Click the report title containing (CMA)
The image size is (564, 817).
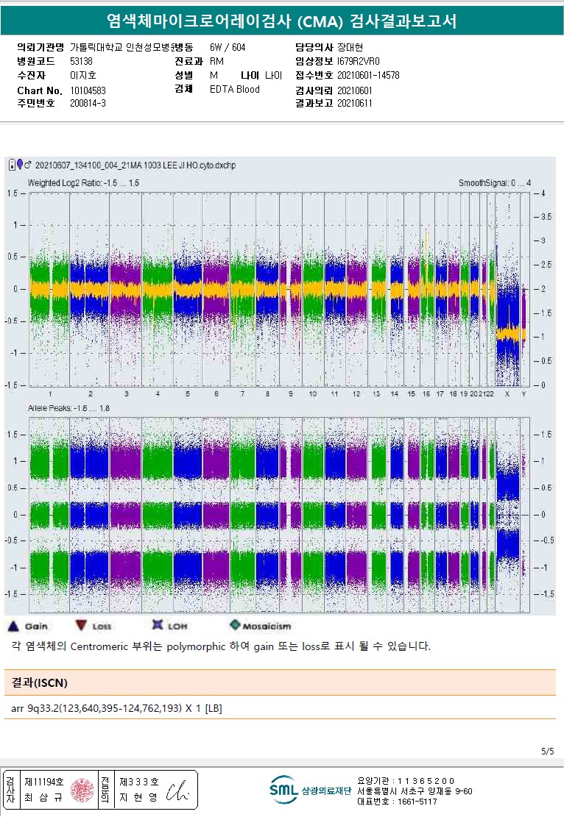pos(281,21)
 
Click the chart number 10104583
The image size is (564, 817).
pos(88,90)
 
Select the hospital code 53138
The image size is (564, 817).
pos(82,61)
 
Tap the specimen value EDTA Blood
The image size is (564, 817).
pos(234,90)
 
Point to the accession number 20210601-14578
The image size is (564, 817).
pos(368,75)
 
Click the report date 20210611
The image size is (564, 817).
pos(355,104)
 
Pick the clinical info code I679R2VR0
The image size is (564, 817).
pos(359,61)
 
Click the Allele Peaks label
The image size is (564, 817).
pos(68,407)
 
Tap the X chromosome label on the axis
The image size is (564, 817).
pos(507,395)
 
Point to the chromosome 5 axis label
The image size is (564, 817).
pos(187,395)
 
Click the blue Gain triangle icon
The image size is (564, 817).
pos(13,627)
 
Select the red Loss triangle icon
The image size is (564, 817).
pos(80,627)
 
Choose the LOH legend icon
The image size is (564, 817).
pos(157,626)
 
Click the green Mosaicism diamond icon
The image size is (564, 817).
pos(235,626)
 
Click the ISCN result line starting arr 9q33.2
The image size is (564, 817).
pos(117,708)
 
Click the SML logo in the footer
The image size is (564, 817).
pos(283,791)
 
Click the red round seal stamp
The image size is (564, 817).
pos(81,791)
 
